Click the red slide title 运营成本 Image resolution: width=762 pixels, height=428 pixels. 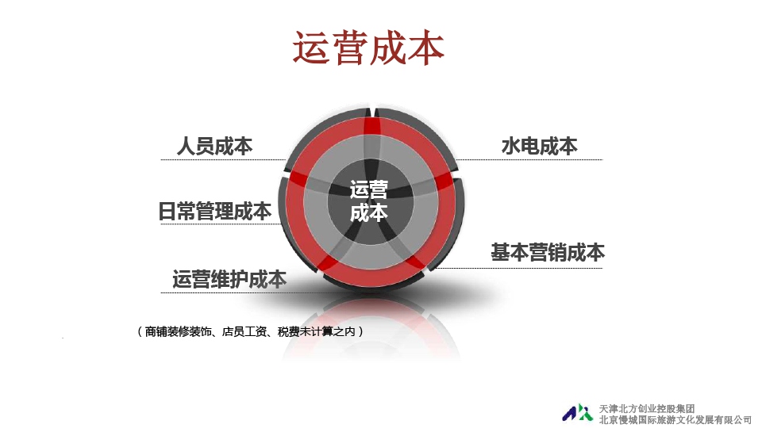(368, 48)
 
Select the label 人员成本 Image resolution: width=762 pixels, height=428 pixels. (214, 146)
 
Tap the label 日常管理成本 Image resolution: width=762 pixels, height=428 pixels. (215, 211)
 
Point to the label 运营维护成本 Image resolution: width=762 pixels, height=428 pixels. (229, 279)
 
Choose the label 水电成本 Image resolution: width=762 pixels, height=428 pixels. (540, 146)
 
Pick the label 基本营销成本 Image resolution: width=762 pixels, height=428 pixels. (548, 252)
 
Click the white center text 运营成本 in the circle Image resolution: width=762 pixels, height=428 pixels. (369, 201)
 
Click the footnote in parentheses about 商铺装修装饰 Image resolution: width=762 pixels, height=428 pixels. (251, 331)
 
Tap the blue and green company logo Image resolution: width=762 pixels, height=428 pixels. (578, 413)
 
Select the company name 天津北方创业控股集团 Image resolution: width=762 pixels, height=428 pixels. (647, 409)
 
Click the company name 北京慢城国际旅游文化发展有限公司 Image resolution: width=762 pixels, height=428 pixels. (675, 420)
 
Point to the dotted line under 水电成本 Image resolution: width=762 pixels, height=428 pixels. (529, 159)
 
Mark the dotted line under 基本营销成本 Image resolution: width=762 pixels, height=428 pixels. (518, 268)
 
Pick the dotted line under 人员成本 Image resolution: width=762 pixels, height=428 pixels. (224, 159)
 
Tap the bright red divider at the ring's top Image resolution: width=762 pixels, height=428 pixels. (371, 126)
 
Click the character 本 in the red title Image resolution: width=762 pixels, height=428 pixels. (425, 48)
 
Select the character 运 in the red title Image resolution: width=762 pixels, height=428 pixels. (311, 48)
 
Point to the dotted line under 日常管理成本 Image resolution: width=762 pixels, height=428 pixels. (220, 224)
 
